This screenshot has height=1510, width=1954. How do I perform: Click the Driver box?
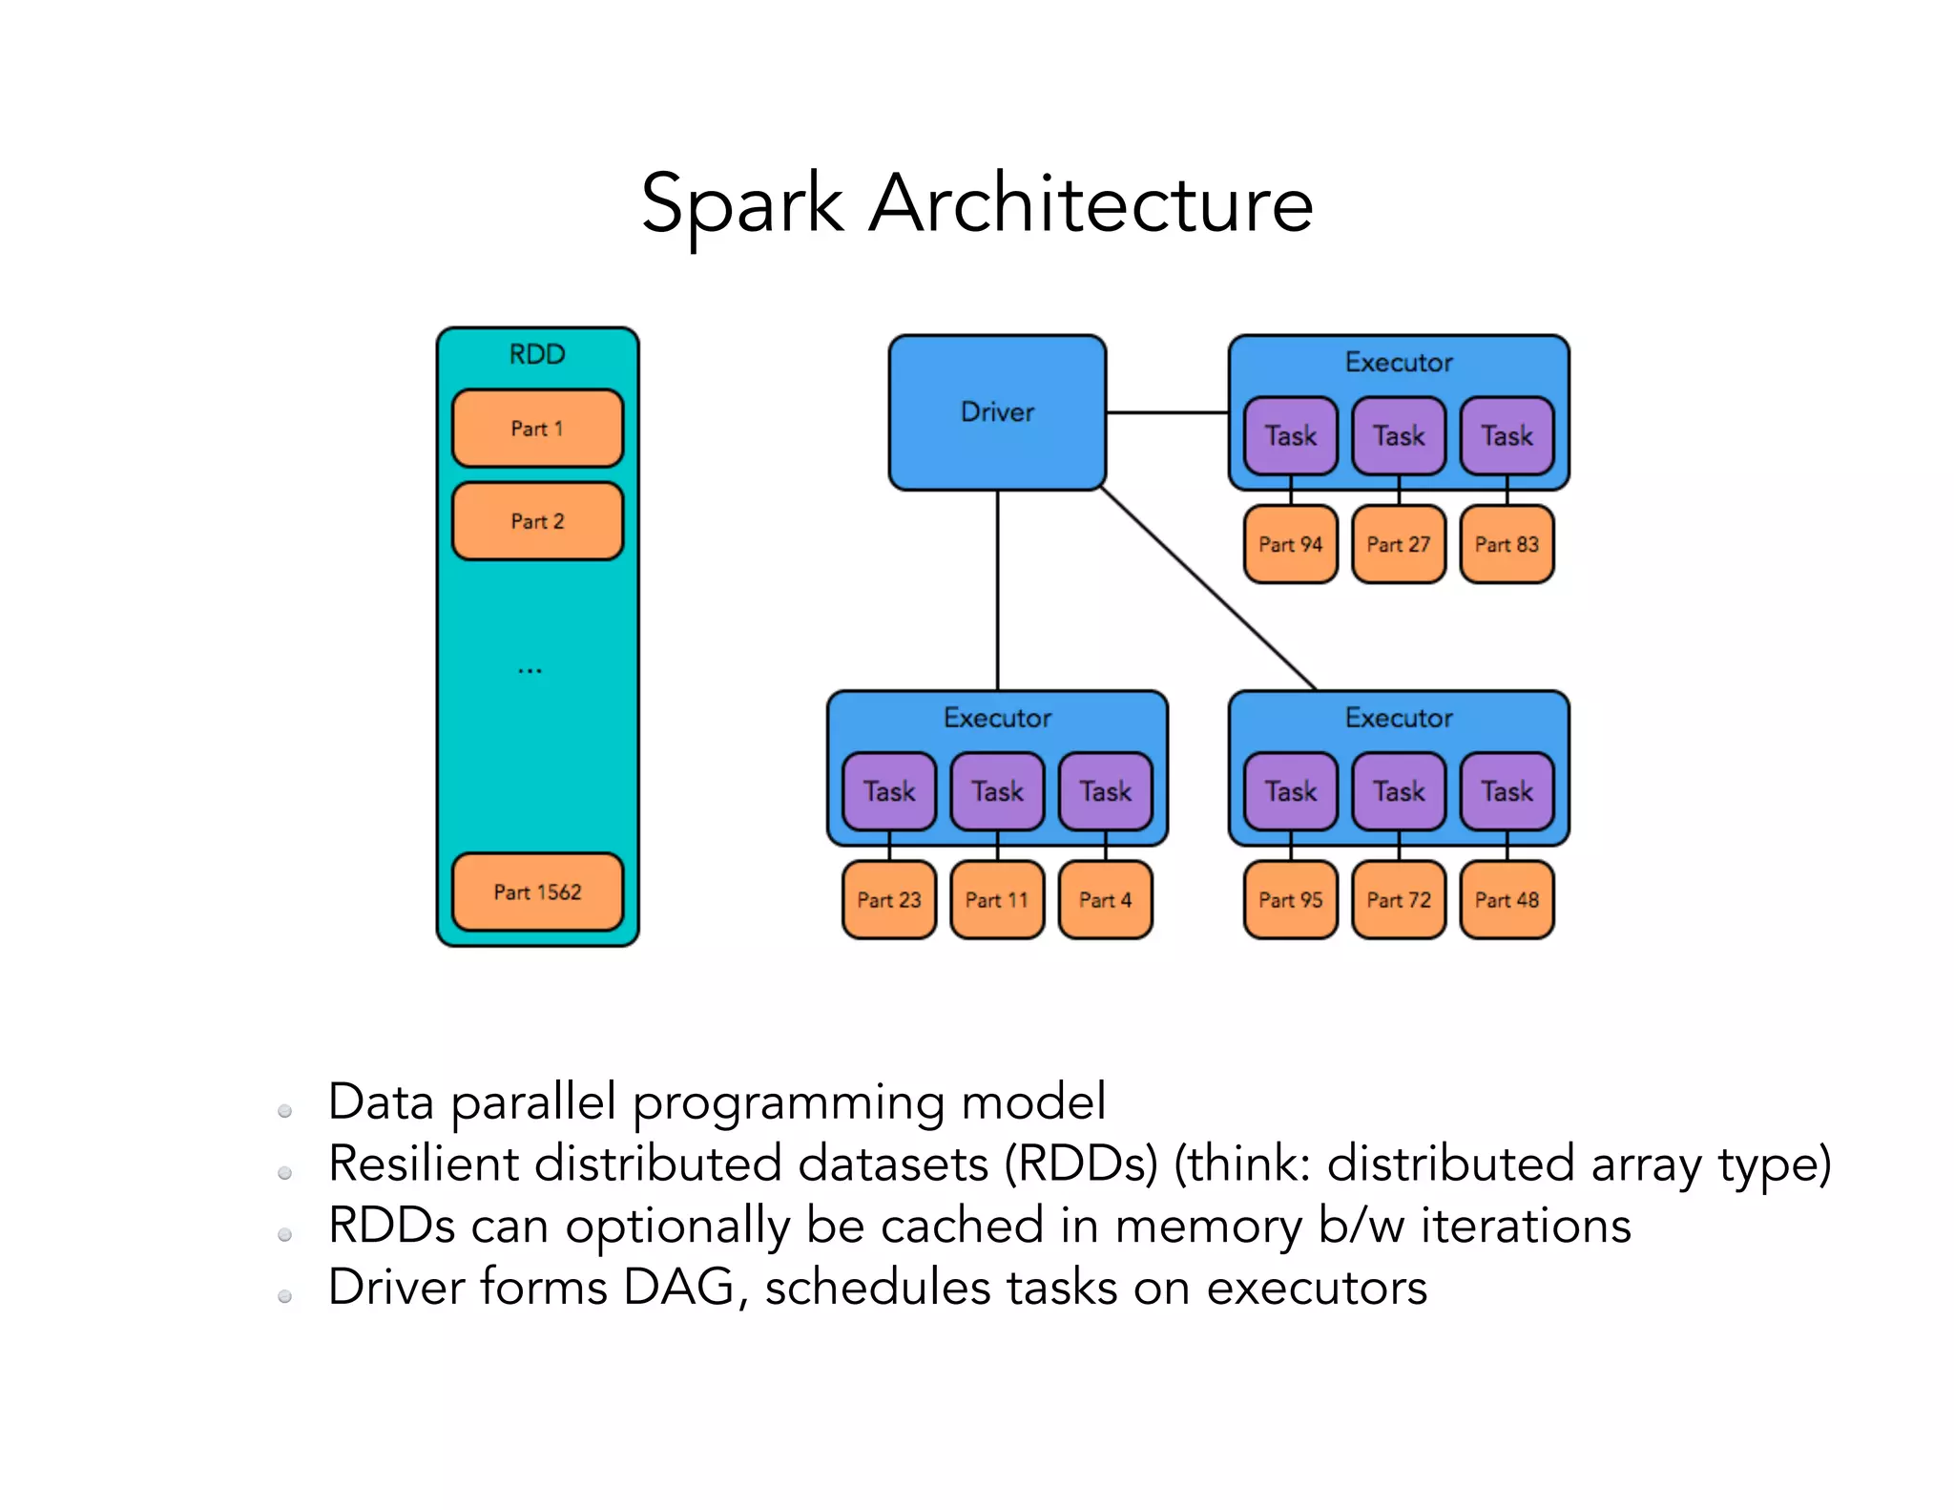pyautogui.click(x=997, y=412)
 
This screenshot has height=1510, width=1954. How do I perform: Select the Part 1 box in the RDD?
pyautogui.click(x=537, y=429)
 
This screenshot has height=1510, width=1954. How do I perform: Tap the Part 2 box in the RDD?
pyautogui.click(x=537, y=521)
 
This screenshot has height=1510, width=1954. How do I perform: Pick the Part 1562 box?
pyautogui.click(x=537, y=891)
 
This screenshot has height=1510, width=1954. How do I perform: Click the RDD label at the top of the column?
pyautogui.click(x=537, y=354)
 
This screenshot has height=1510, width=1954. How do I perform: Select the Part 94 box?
pyautogui.click(x=1291, y=544)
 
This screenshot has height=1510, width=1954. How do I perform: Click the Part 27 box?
pyautogui.click(x=1399, y=544)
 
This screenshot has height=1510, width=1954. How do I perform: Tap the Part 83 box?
pyautogui.click(x=1507, y=544)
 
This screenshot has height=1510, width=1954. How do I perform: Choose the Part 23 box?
pyautogui.click(x=889, y=900)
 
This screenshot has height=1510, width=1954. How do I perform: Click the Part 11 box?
pyautogui.click(x=997, y=900)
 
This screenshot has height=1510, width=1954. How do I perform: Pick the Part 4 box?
pyautogui.click(x=1105, y=900)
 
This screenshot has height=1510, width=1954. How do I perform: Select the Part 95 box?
pyautogui.click(x=1291, y=900)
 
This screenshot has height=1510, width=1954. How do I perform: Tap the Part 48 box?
pyautogui.click(x=1507, y=900)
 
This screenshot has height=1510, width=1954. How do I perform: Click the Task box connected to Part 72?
pyautogui.click(x=1399, y=791)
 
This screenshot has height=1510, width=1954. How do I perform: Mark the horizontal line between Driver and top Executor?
pyautogui.click(x=1167, y=412)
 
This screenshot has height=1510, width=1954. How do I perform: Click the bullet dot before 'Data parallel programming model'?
pyautogui.click(x=284, y=1111)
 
